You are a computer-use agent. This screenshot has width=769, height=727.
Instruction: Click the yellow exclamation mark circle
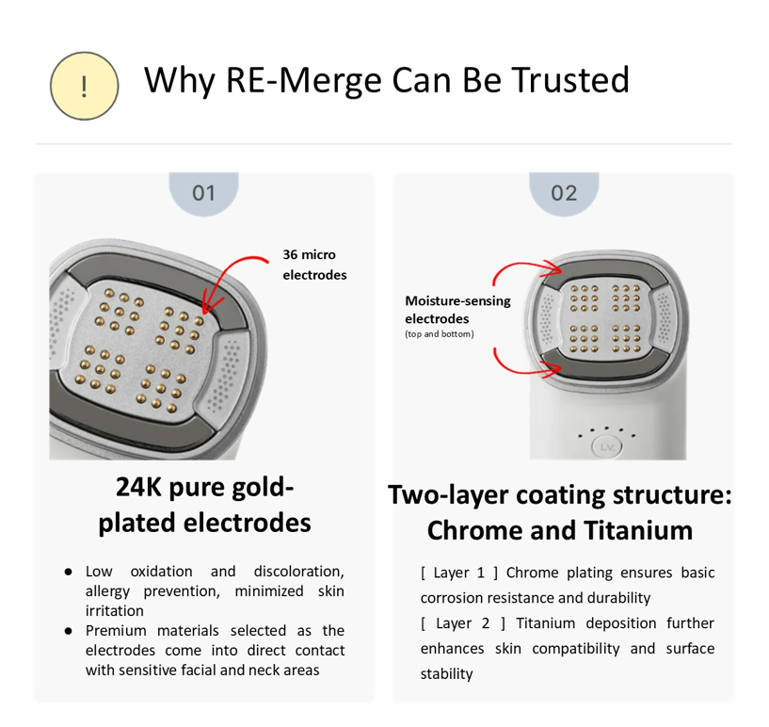(85, 86)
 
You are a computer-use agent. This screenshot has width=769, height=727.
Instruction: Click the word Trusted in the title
(570, 79)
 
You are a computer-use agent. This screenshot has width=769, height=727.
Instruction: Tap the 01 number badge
(203, 193)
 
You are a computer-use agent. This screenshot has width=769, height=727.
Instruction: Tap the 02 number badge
(564, 193)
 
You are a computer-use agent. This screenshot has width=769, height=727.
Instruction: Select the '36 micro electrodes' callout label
(314, 265)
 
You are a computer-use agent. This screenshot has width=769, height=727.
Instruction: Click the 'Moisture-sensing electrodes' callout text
(457, 310)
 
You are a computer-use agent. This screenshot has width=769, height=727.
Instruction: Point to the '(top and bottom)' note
(440, 334)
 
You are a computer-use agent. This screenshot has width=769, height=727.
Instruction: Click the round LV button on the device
(607, 447)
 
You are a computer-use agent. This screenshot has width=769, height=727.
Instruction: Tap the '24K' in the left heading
(138, 488)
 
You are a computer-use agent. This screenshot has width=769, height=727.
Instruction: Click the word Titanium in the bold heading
(638, 531)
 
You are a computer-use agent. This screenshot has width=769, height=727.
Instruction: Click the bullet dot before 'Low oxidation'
(68, 572)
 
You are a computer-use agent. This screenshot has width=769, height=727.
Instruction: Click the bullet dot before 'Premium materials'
(68, 631)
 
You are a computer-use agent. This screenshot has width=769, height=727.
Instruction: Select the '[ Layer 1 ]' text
(459, 573)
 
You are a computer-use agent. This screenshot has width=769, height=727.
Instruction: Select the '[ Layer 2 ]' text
(463, 623)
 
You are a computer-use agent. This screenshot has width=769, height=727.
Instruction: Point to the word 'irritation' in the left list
(114, 611)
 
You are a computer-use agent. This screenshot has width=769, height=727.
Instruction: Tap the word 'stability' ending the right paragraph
(446, 674)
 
